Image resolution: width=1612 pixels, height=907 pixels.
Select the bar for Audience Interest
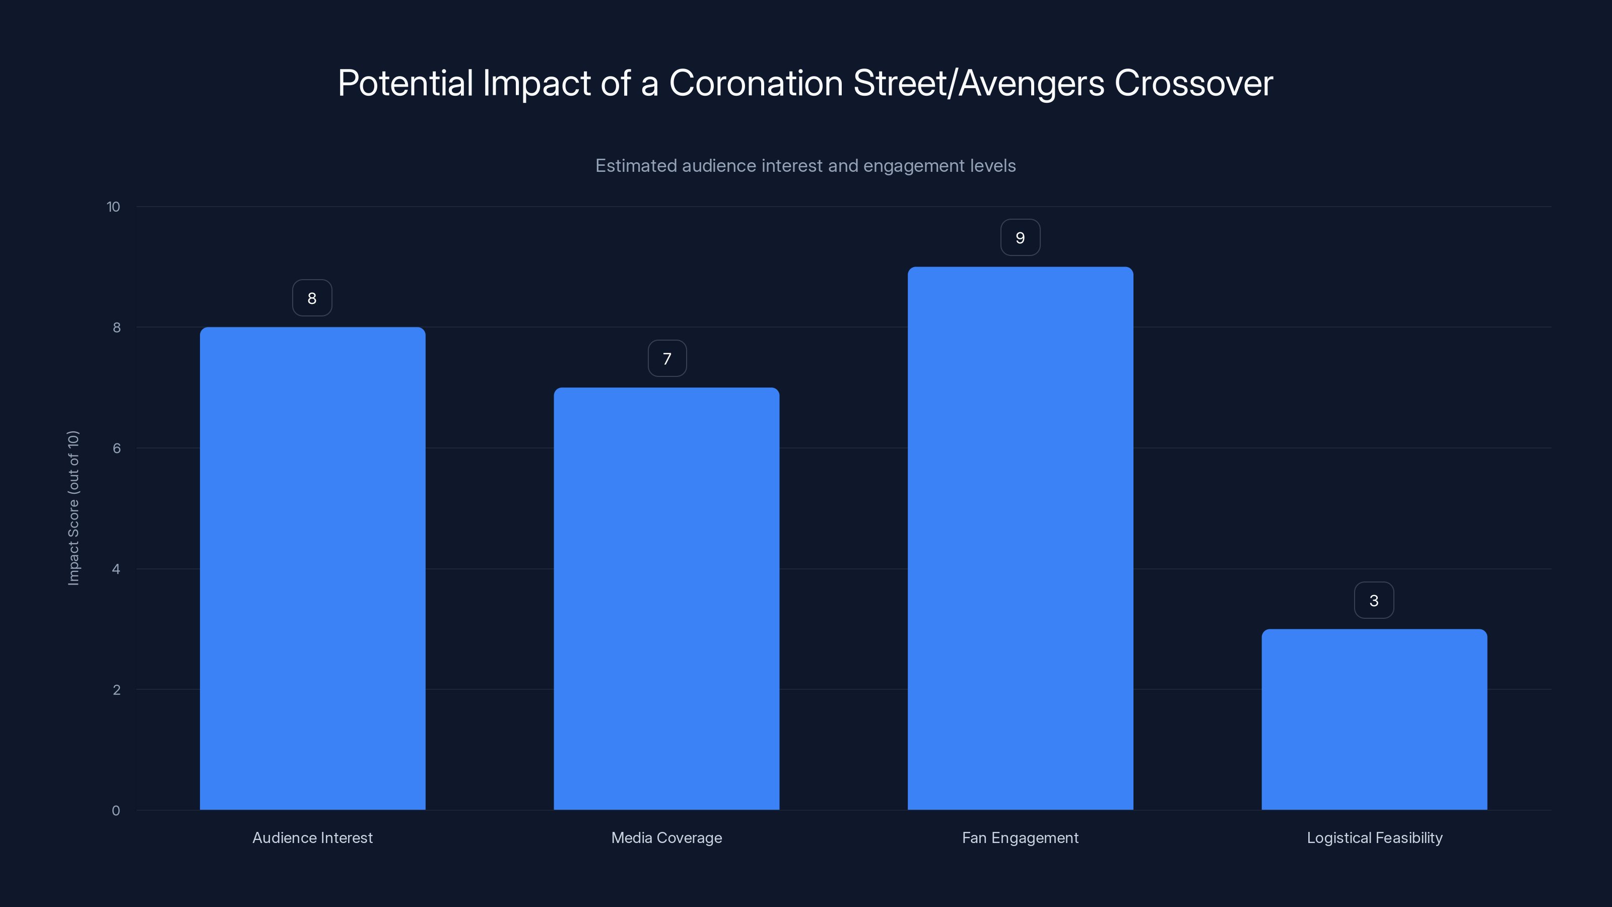point(312,568)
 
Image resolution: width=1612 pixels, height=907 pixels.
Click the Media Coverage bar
point(666,599)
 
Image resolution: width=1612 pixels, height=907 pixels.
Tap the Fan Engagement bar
point(1020,538)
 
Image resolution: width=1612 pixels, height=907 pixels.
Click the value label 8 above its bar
point(312,298)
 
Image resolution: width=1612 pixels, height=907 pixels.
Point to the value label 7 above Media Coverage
point(667,359)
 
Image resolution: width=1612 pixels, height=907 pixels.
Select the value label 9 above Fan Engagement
point(1020,238)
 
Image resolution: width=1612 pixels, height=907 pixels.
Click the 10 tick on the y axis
point(113,207)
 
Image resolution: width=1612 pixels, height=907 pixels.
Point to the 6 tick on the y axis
point(116,448)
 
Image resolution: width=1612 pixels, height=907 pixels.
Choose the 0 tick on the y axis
point(116,811)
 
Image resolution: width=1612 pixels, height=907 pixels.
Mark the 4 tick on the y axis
point(116,569)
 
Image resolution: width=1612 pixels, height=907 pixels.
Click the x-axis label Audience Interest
point(312,837)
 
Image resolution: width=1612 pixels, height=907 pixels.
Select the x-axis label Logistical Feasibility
point(1374,837)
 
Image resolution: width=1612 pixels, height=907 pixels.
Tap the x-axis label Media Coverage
point(666,837)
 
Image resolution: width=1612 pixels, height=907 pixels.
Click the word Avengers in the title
point(1031,83)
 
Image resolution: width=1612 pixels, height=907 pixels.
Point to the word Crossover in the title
point(1193,83)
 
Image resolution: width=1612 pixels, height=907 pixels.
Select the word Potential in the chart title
point(405,83)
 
